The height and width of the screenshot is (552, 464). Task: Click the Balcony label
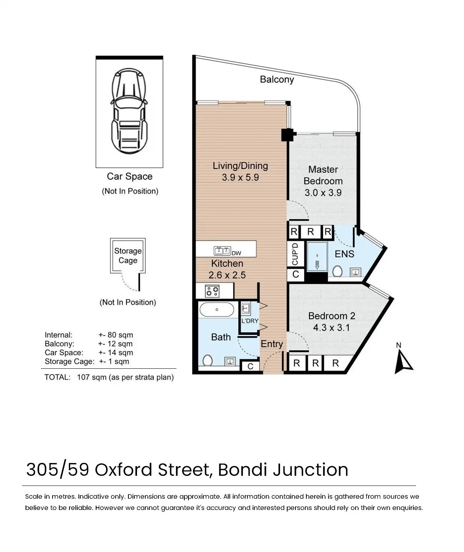pos(277,80)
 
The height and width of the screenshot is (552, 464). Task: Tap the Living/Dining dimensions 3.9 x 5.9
pos(240,177)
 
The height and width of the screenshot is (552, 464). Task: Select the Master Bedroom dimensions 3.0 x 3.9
pos(323,193)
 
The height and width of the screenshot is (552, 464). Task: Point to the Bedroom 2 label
pos(331,316)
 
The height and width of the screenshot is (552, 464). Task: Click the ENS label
pos(344,254)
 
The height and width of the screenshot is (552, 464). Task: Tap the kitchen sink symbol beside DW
pos(222,250)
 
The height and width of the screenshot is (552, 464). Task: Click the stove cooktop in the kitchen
pos(212,291)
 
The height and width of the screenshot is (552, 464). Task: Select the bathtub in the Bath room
pos(217,309)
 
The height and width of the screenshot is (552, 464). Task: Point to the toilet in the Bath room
pos(208,360)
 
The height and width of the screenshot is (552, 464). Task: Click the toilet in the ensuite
pos(337,271)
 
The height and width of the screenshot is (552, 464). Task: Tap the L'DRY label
pos(250,321)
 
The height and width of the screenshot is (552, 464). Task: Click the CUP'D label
pos(295,254)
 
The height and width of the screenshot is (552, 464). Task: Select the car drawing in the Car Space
pos(129,111)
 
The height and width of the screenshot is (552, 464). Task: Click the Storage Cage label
pos(128,256)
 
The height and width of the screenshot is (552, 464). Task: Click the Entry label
pos(272,344)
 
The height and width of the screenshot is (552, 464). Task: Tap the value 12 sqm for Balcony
pos(120,344)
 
